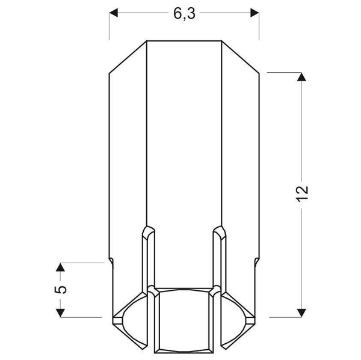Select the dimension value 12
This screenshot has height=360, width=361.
302,192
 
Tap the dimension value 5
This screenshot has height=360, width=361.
60,289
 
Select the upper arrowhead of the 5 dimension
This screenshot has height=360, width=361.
60,267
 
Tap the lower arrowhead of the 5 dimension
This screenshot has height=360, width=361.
60,311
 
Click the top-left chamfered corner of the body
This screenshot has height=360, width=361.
128,57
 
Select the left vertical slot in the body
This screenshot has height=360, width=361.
147,258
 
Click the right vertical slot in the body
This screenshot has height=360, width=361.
220,258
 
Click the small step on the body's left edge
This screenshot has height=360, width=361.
111,260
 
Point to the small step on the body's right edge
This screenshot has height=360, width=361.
256,260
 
